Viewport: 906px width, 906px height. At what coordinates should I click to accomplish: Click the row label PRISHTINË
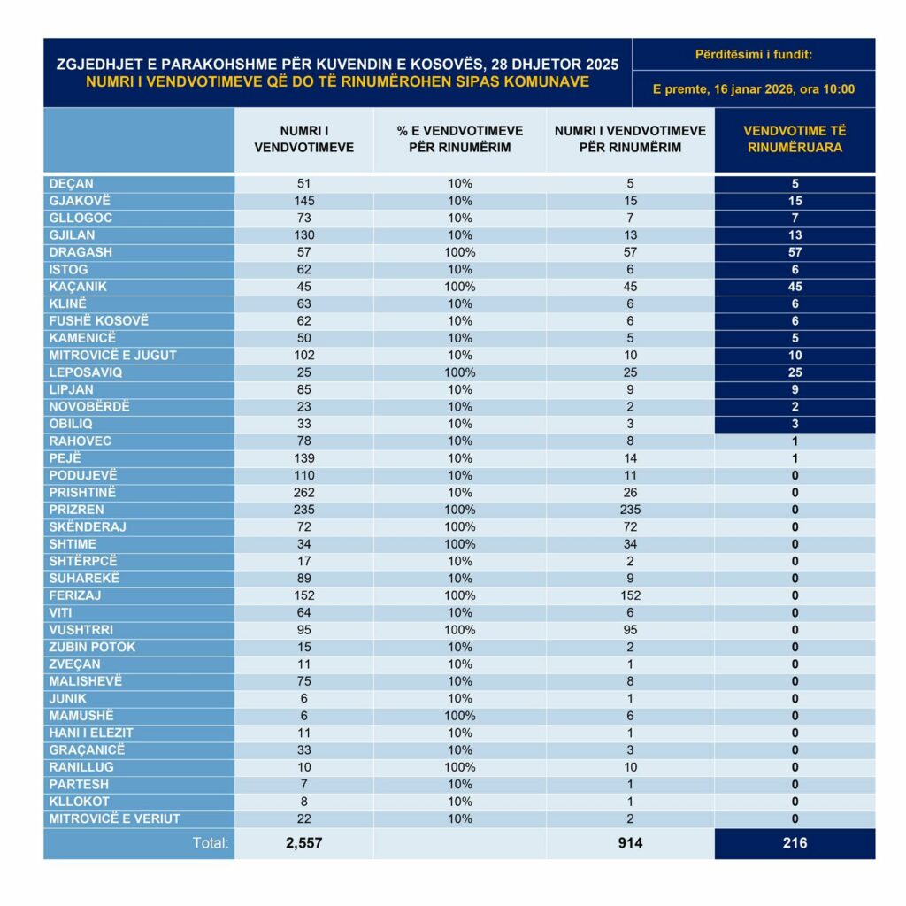(x=83, y=493)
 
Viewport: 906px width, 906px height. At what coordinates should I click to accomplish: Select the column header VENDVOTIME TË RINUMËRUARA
(x=795, y=139)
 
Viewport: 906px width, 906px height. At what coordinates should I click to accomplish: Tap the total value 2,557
(x=303, y=843)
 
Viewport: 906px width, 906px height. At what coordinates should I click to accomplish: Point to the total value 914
(x=630, y=843)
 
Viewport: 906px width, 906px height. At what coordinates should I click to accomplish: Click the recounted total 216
(x=795, y=843)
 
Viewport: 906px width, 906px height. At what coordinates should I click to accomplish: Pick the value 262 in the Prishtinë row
(x=303, y=493)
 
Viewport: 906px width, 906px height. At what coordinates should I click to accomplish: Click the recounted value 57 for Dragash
(x=795, y=252)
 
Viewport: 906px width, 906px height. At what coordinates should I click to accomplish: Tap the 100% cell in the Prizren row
(x=460, y=510)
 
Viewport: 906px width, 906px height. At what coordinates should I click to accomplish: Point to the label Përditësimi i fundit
(x=754, y=55)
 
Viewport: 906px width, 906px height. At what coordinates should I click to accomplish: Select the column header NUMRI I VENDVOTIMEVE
(x=303, y=139)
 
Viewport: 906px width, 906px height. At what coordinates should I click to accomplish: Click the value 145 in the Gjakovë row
(x=303, y=201)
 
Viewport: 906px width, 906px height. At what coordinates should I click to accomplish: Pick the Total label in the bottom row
(x=211, y=843)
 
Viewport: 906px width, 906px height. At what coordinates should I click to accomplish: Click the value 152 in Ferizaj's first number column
(x=303, y=595)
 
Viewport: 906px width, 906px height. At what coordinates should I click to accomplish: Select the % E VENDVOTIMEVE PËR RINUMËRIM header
(x=460, y=139)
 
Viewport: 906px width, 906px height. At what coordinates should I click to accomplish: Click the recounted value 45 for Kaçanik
(x=795, y=287)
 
